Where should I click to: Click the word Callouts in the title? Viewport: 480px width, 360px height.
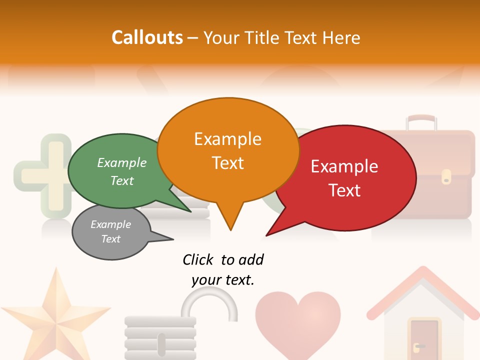click(147, 37)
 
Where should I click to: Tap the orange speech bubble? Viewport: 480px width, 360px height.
click(228, 150)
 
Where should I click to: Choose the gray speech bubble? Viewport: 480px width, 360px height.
click(111, 232)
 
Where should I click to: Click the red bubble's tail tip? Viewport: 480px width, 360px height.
click(267, 235)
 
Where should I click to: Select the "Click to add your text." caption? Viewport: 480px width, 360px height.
click(223, 269)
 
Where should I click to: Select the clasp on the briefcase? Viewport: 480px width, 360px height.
click(446, 175)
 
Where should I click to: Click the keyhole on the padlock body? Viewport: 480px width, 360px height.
click(161, 344)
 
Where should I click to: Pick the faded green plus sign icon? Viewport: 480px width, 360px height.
click(42, 175)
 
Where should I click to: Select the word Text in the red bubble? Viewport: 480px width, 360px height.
click(345, 190)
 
